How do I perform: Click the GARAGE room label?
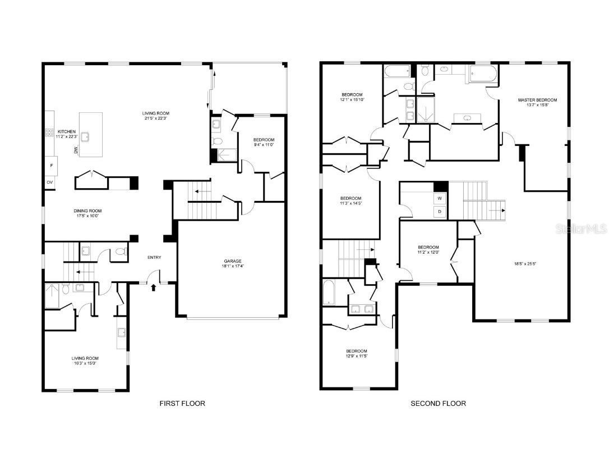click(233, 261)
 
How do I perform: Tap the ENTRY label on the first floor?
click(154, 258)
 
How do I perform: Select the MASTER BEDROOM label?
click(537, 100)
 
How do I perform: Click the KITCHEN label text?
click(67, 132)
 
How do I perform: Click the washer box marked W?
click(440, 198)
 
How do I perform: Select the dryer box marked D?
click(440, 212)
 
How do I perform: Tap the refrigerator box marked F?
click(51, 166)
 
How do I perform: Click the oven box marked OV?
click(50, 182)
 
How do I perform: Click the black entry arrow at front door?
click(154, 288)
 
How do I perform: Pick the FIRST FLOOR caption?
click(182, 403)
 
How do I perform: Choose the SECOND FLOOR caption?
click(438, 403)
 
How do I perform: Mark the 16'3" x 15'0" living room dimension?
click(85, 363)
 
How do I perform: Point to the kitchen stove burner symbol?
click(49, 133)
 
